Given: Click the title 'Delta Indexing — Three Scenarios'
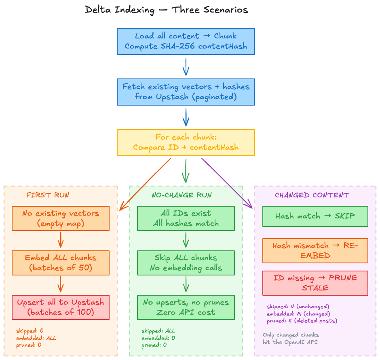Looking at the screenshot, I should [166, 10].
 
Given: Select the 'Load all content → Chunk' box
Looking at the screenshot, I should [186, 41].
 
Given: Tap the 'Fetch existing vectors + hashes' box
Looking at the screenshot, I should [186, 91].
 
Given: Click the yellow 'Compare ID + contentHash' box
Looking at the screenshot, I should [186, 142].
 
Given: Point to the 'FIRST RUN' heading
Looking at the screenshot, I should [48, 195].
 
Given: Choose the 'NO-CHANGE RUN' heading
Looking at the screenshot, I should [182, 195].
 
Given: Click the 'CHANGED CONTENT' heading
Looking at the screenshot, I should [312, 195].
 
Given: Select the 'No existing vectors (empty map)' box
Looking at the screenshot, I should [61, 218].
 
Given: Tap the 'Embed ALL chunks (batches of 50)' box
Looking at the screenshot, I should [61, 263].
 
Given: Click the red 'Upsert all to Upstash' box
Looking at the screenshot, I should [61, 307].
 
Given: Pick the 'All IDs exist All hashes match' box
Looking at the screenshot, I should [186, 218].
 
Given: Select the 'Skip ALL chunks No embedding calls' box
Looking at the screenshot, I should [186, 263].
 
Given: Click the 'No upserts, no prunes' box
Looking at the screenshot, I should [186, 307].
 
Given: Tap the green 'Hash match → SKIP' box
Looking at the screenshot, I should [315, 216].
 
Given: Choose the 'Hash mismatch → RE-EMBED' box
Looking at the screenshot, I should [315, 251].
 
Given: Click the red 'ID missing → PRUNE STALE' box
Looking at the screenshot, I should [315, 283].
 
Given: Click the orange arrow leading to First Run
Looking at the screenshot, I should [146, 184].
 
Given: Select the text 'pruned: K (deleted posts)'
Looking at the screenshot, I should [302, 321].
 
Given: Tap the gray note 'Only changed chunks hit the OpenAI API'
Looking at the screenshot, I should [291, 339].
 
